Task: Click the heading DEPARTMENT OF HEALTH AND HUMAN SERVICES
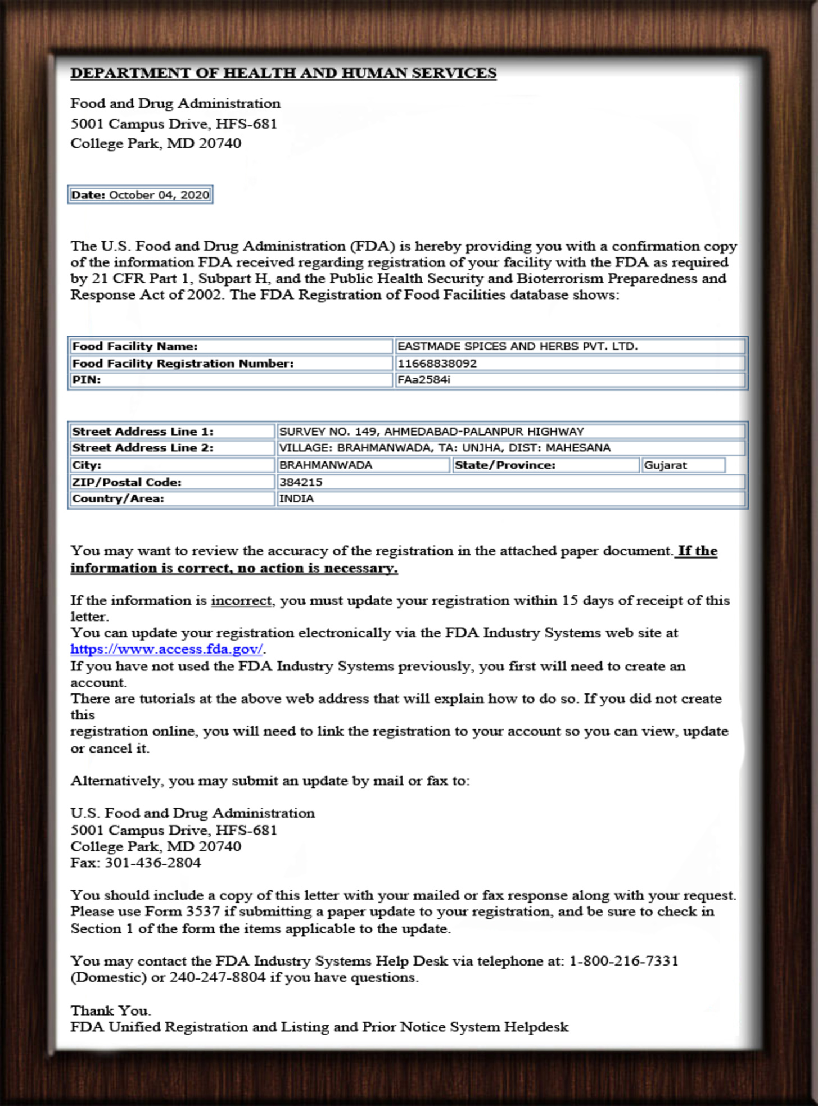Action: click(x=283, y=74)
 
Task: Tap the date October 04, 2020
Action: click(x=159, y=195)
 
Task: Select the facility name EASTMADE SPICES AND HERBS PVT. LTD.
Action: click(x=517, y=346)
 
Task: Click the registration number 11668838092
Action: click(x=437, y=364)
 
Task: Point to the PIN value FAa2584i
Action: click(x=423, y=380)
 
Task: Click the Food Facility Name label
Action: click(x=135, y=346)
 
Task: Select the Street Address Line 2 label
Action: click(x=143, y=448)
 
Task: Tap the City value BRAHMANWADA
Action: click(x=326, y=465)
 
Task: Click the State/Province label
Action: click(x=505, y=465)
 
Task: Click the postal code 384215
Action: click(x=301, y=482)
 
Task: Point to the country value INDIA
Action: click(x=296, y=498)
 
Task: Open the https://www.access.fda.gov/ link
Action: click(x=166, y=649)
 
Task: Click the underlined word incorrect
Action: click(x=241, y=601)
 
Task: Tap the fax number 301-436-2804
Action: click(x=153, y=863)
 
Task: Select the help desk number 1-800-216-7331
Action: click(x=623, y=961)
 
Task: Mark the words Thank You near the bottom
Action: click(x=110, y=1010)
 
